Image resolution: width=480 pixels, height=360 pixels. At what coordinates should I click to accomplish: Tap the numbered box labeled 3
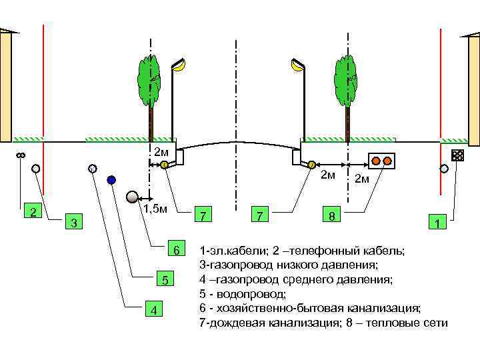pyautogui.click(x=75, y=221)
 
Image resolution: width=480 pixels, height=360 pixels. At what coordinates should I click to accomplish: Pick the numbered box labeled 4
pyautogui.click(x=155, y=310)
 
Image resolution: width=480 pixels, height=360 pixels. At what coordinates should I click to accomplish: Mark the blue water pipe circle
pyautogui.click(x=111, y=179)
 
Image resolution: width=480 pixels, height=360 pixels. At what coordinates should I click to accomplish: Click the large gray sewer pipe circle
pyautogui.click(x=133, y=197)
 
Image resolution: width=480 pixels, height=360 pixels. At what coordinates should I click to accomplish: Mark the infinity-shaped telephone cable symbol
pyautogui.click(x=20, y=156)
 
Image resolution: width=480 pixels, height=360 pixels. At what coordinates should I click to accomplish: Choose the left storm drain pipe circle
pyautogui.click(x=164, y=165)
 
